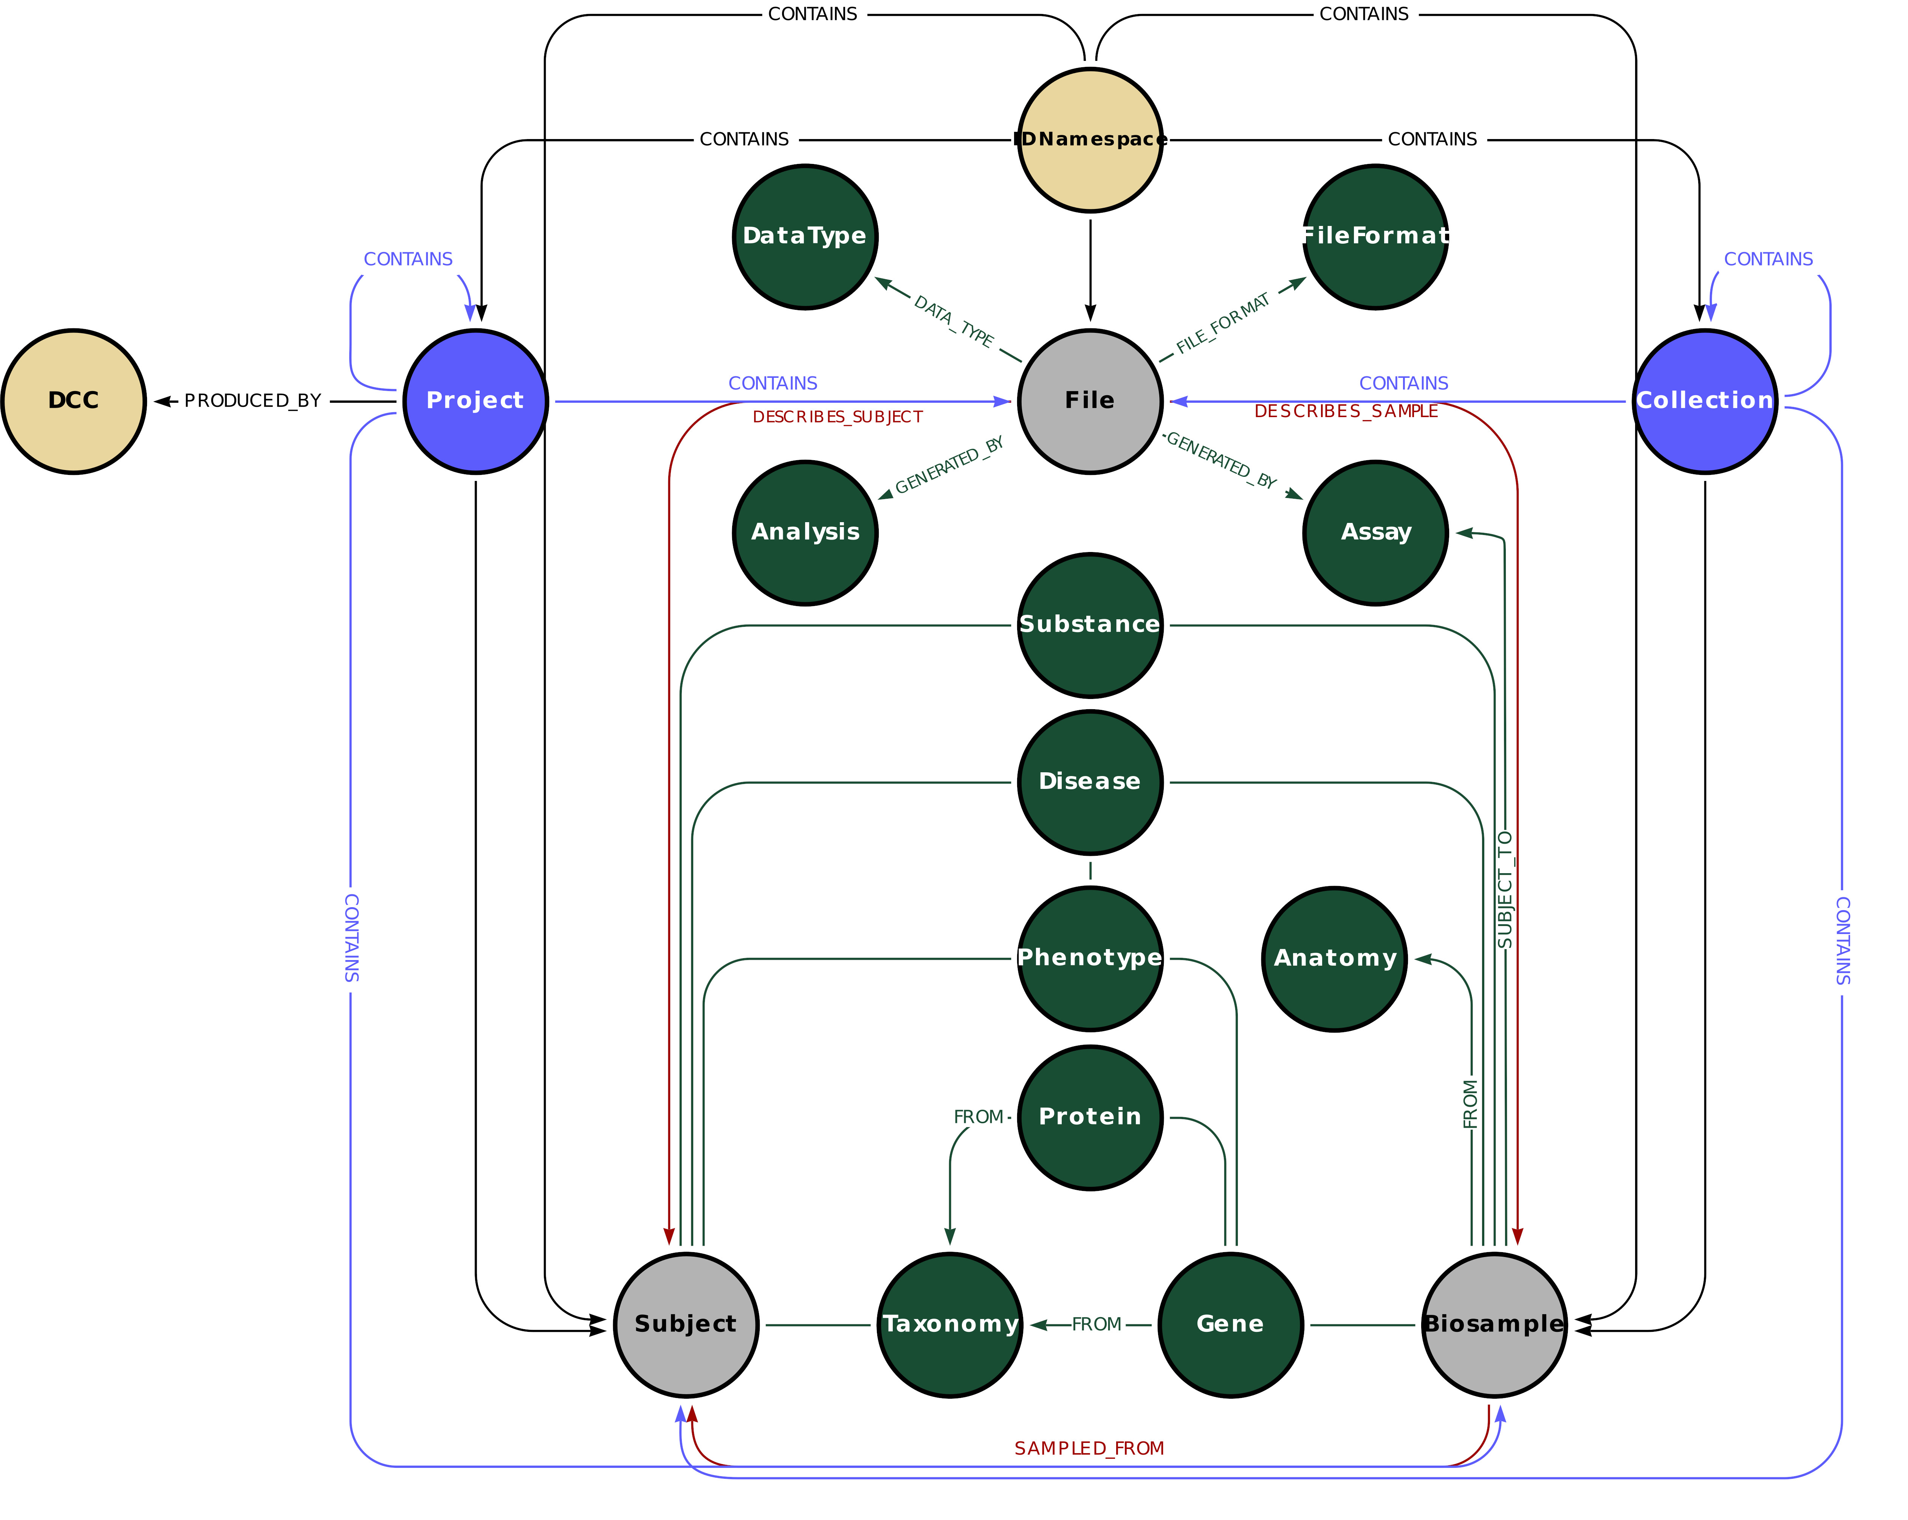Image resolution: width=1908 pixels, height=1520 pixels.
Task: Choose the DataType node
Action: (804, 236)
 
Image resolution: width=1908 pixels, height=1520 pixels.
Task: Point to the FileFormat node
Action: (1375, 236)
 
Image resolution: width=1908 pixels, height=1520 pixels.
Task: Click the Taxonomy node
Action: (949, 1324)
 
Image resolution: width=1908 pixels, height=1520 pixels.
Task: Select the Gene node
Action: (1230, 1324)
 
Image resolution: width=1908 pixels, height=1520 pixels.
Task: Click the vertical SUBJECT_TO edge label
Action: (1504, 889)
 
